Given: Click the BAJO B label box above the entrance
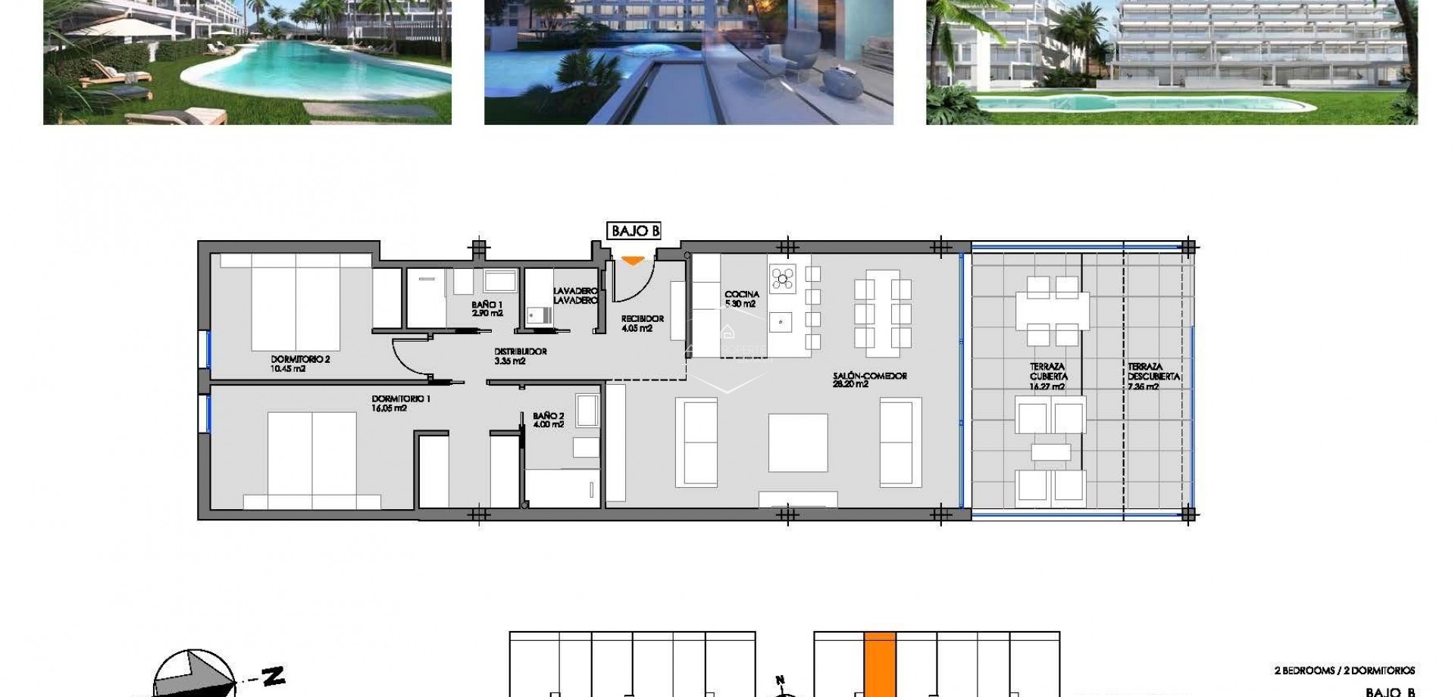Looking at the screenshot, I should click(634, 231).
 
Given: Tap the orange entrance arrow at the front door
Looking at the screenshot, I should click(632, 261).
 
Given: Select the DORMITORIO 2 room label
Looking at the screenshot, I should click(300, 364).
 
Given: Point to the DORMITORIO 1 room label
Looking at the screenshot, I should click(401, 403).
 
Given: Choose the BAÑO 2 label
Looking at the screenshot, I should click(549, 420).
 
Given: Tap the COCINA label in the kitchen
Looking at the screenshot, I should click(741, 298).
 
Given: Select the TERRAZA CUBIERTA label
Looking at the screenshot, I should click(1048, 377).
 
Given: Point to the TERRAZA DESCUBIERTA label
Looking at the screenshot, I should click(1153, 377).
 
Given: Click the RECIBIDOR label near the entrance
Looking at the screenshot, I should click(642, 323).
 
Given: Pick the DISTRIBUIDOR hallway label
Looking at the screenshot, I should click(520, 356).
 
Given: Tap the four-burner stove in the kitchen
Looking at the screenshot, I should click(783, 278).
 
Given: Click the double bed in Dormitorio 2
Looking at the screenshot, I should click(296, 302).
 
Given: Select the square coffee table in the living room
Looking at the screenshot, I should click(798, 442).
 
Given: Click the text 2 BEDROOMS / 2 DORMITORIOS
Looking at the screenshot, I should click(1344, 670).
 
